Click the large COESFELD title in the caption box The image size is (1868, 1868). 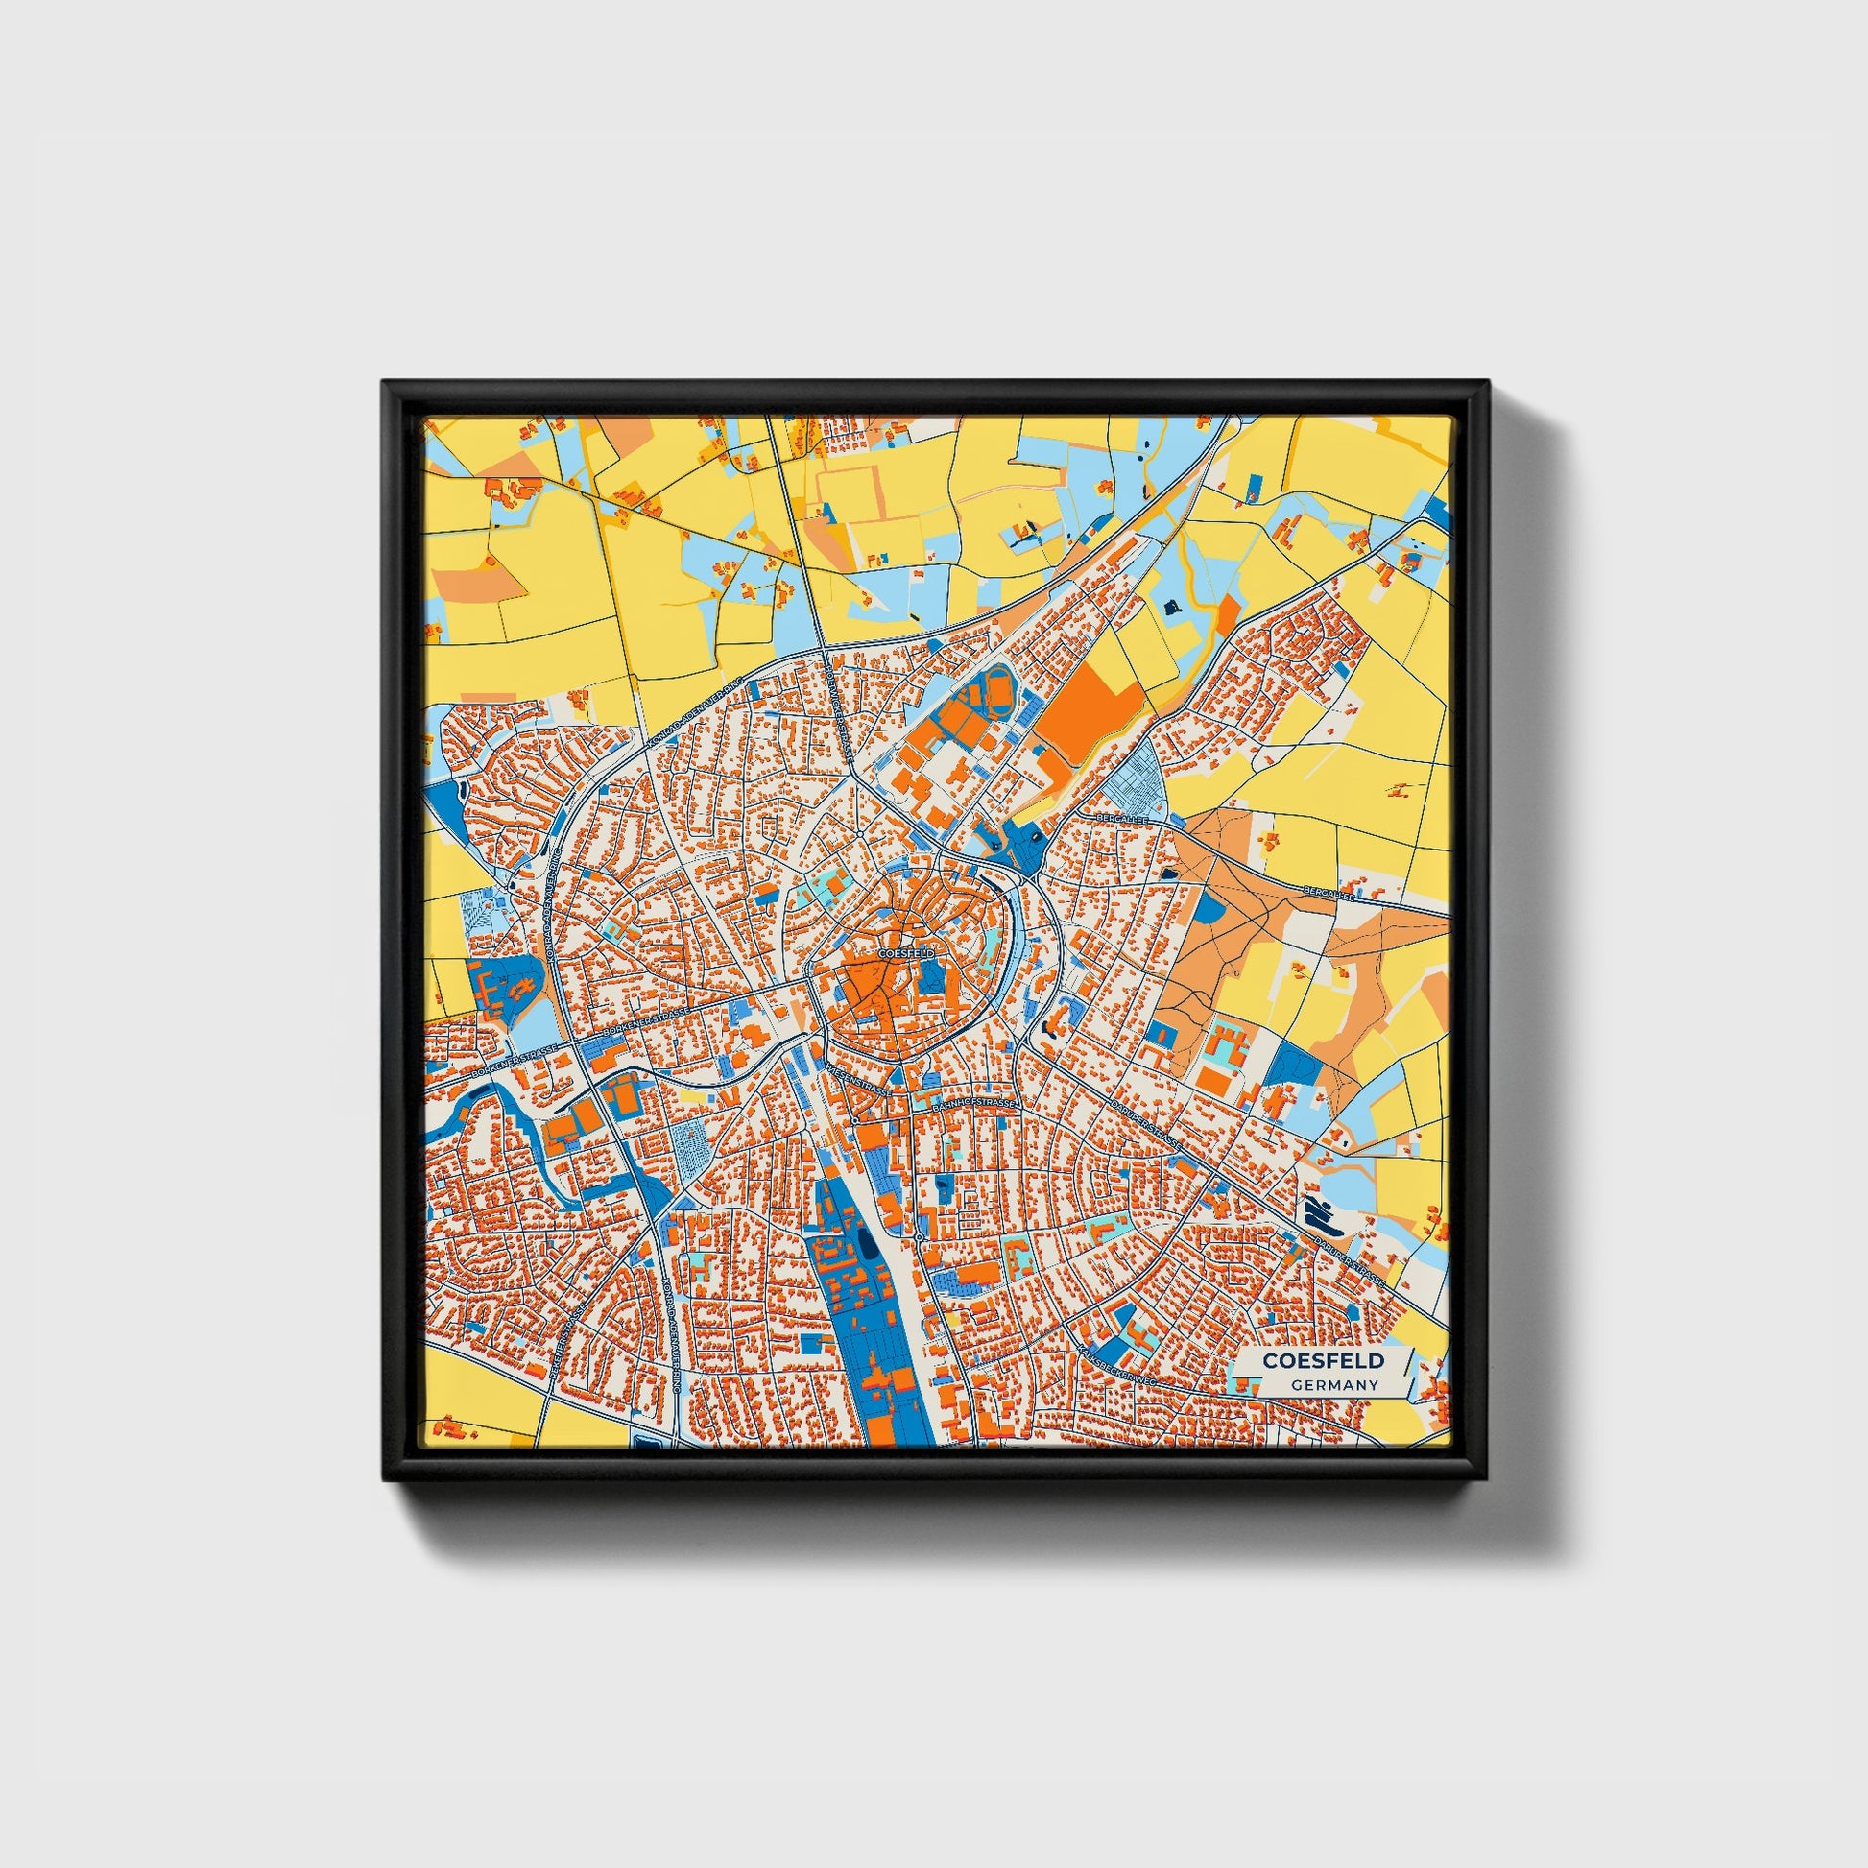[1323, 1360]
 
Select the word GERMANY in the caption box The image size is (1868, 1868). [1334, 1385]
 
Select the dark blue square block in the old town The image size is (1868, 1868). [929, 978]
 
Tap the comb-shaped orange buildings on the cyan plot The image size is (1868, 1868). [1226, 1044]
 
